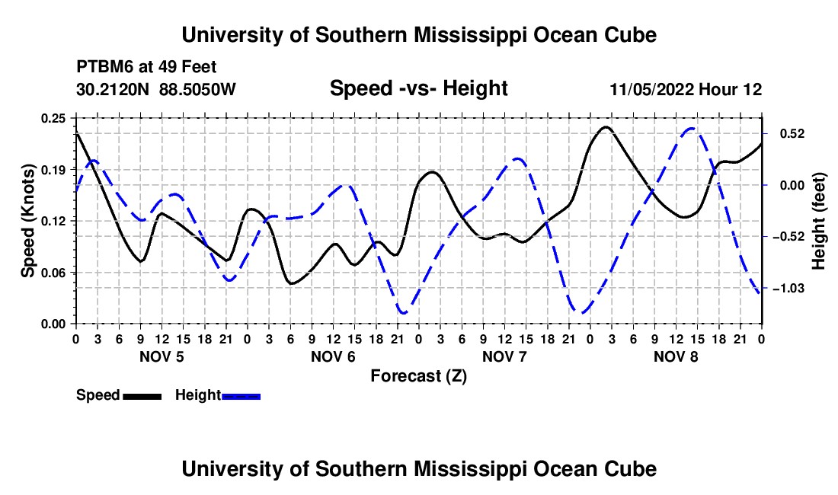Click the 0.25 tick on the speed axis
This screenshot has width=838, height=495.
coord(53,118)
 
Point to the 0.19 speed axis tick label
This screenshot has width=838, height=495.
coord(53,170)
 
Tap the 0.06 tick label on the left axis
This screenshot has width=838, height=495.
coord(53,273)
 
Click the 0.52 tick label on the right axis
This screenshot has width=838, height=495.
coord(792,133)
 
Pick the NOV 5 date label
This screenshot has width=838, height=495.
coord(162,356)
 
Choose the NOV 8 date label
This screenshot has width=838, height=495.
coord(676,356)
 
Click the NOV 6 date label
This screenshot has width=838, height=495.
coord(333,356)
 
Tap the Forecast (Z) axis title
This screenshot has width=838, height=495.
coord(418,376)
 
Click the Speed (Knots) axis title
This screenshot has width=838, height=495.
coord(27,221)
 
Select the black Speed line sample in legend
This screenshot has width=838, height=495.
coord(142,396)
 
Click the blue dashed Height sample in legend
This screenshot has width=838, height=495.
coord(241,396)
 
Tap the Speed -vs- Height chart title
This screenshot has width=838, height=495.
coord(418,88)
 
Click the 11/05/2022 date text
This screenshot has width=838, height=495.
coord(652,89)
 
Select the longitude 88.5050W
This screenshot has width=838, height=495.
coord(197,89)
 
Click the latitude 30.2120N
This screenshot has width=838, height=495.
coord(113,89)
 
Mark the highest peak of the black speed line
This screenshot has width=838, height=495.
coord(606,127)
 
